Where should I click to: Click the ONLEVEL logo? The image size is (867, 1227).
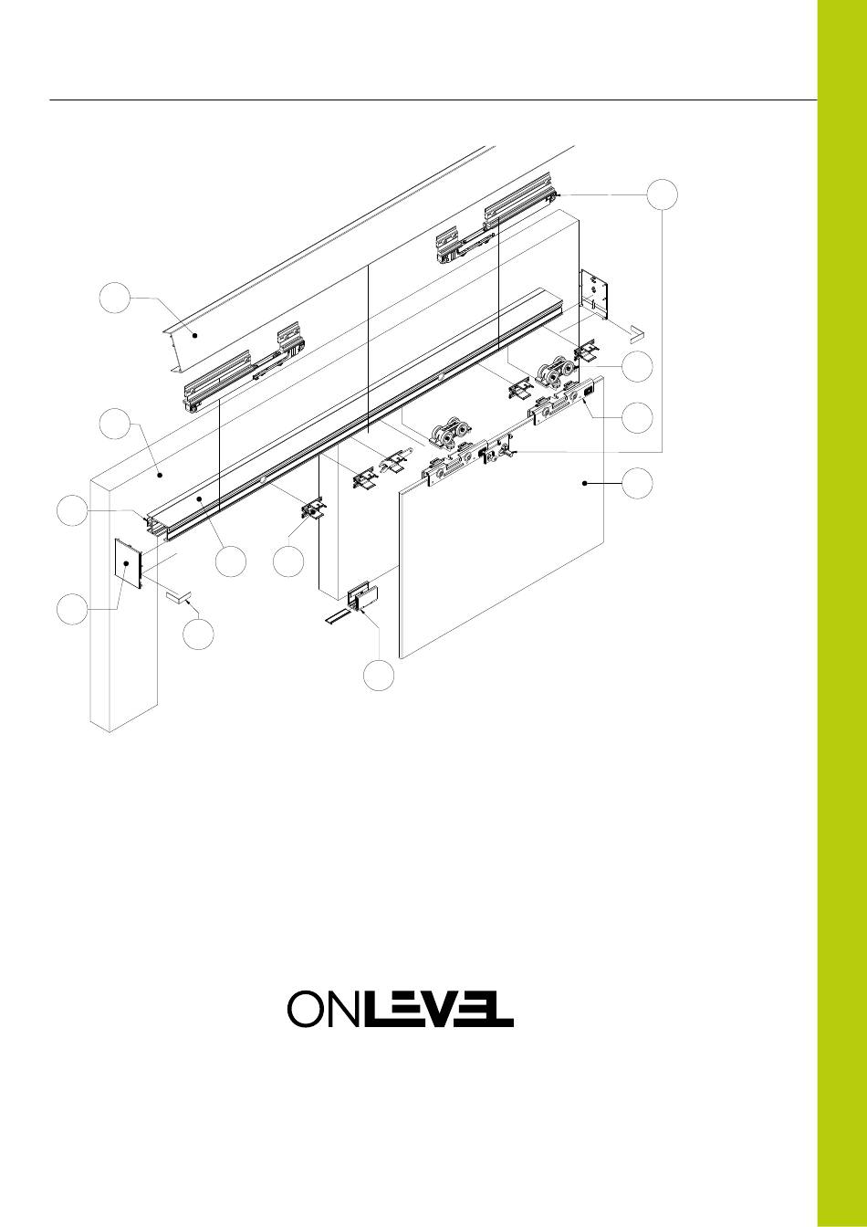[401, 1009]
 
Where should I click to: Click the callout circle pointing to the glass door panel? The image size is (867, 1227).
[637, 483]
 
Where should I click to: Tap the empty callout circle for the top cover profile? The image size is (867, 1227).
[115, 298]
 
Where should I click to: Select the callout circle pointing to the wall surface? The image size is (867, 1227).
[115, 424]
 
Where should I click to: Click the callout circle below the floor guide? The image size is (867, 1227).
[379, 676]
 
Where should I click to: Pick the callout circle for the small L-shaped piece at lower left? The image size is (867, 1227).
[198, 634]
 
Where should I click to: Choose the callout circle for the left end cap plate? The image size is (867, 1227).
[72, 609]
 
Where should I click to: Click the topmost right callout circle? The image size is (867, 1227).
[662, 194]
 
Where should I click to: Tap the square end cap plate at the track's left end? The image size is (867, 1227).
[128, 563]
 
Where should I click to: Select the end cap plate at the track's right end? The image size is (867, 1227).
[595, 294]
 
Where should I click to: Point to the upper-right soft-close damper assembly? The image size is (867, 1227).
[493, 219]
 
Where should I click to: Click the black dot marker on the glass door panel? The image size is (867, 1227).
[585, 483]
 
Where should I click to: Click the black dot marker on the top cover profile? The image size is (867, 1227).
[193, 335]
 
